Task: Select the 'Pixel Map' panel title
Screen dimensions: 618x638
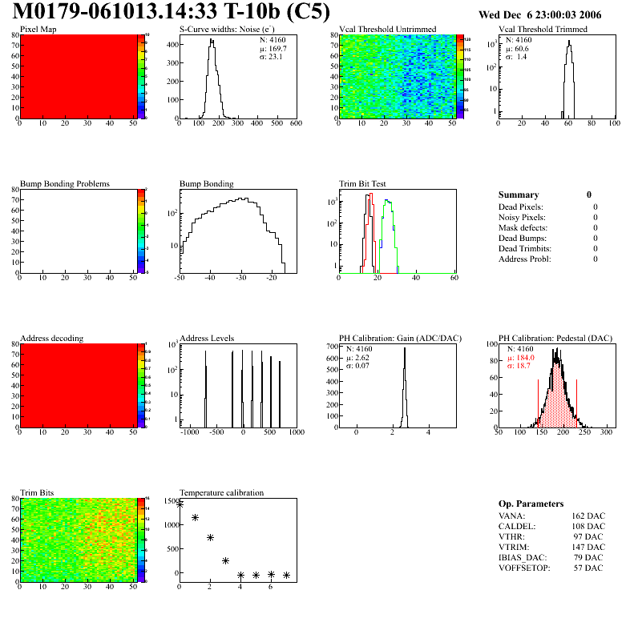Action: tap(38, 30)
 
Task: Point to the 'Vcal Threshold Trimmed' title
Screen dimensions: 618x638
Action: tap(542, 30)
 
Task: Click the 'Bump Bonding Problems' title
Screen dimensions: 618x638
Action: tap(64, 184)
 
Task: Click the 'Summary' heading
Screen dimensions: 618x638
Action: tap(519, 195)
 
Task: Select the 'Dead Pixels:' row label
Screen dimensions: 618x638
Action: tap(521, 207)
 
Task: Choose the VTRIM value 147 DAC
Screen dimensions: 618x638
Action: tap(588, 547)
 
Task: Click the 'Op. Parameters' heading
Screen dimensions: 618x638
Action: tap(531, 504)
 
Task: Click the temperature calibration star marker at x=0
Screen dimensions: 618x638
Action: tap(180, 504)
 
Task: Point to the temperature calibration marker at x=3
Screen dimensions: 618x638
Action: tap(225, 560)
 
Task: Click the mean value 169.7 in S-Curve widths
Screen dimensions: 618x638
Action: tap(273, 48)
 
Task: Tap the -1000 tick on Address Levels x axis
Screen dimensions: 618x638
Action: tap(189, 431)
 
